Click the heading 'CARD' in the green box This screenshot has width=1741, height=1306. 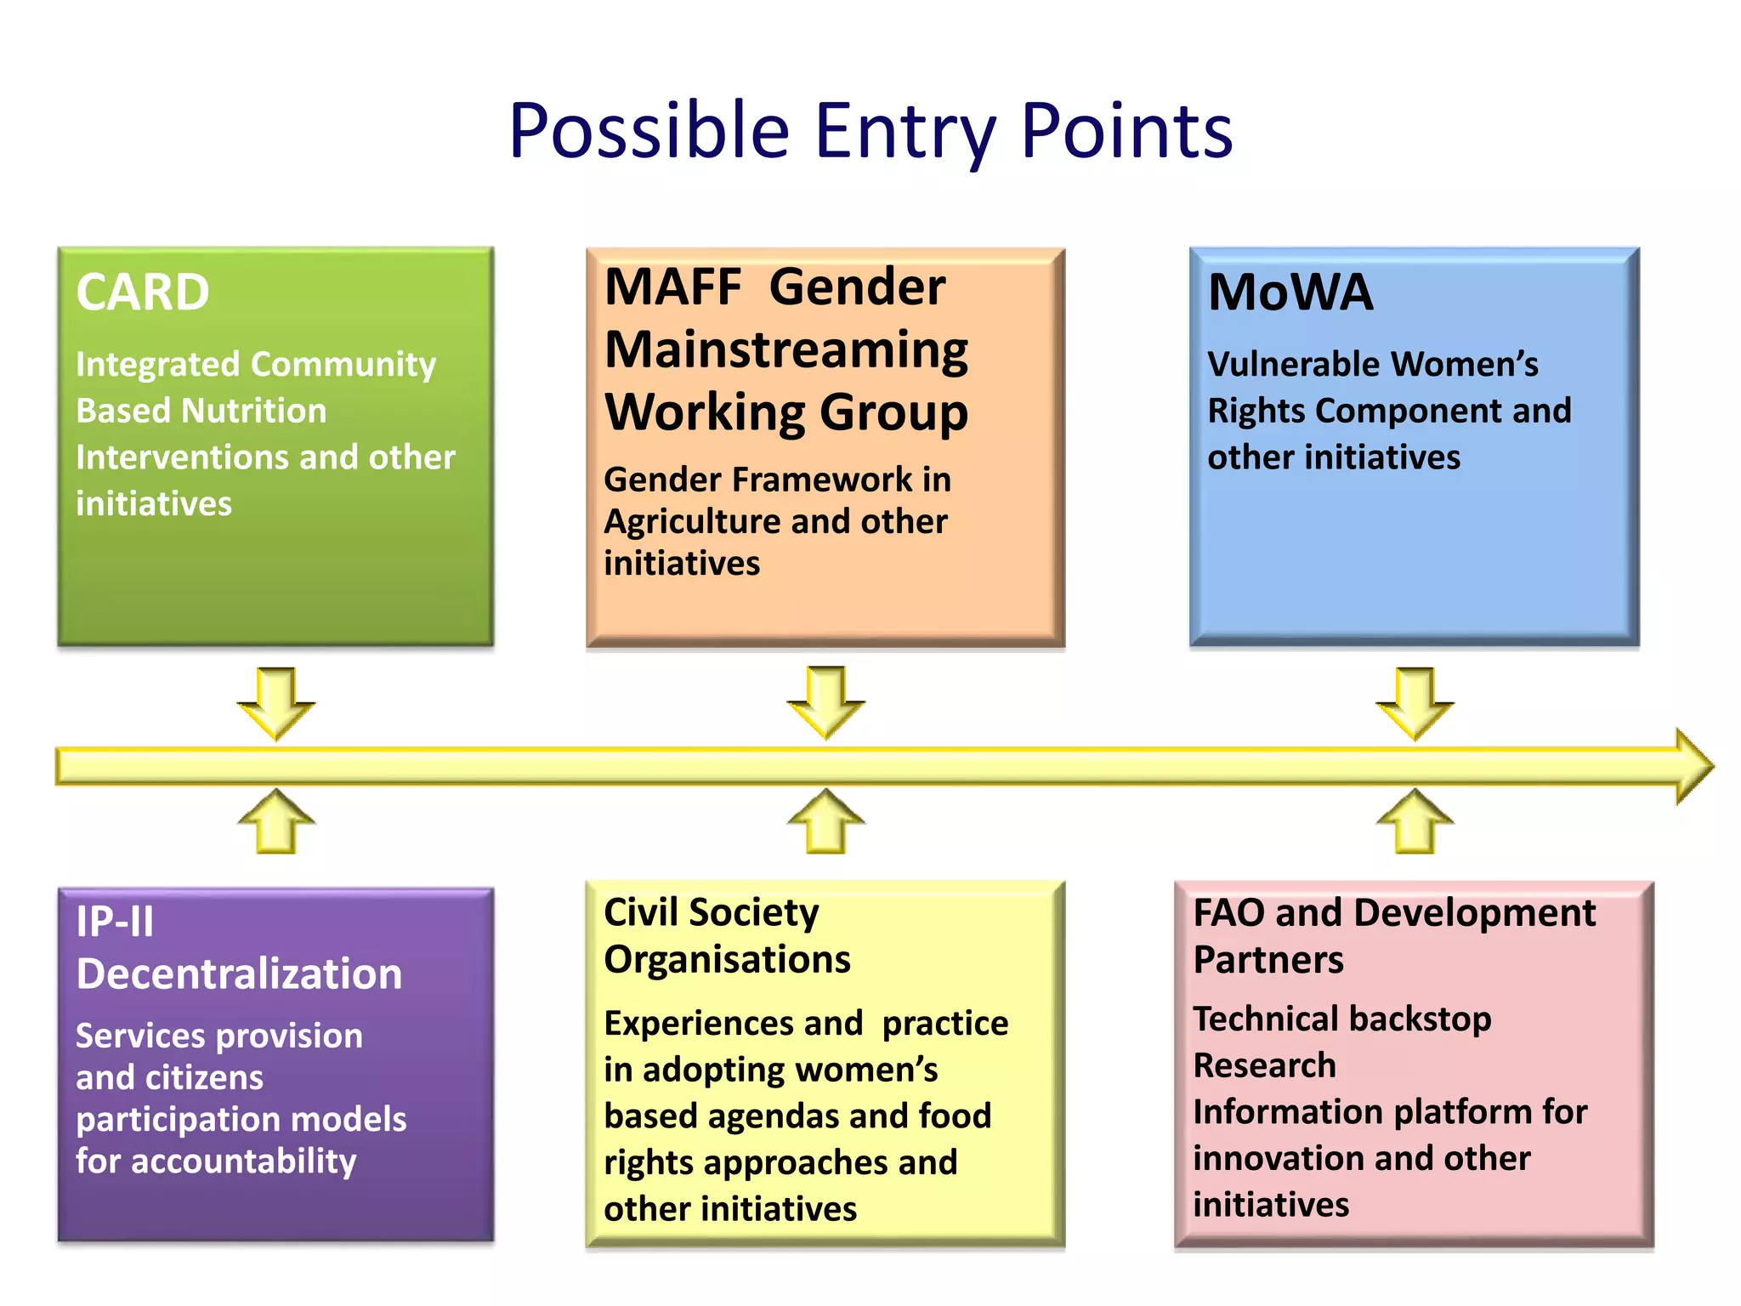(x=143, y=292)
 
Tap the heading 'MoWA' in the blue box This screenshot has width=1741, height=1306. (x=1290, y=292)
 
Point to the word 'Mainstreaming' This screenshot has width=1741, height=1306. (x=786, y=349)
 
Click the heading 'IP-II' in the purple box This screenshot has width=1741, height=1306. (x=116, y=922)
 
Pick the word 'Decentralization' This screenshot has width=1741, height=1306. (x=239, y=974)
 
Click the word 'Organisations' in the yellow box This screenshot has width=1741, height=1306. (x=727, y=959)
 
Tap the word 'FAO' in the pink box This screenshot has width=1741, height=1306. (x=1229, y=913)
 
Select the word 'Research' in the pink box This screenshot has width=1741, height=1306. (x=1264, y=1065)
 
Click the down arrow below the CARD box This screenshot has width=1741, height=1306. (x=276, y=702)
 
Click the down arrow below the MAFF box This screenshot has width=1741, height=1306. (x=826, y=702)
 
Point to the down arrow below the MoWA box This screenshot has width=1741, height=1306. (x=1415, y=702)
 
